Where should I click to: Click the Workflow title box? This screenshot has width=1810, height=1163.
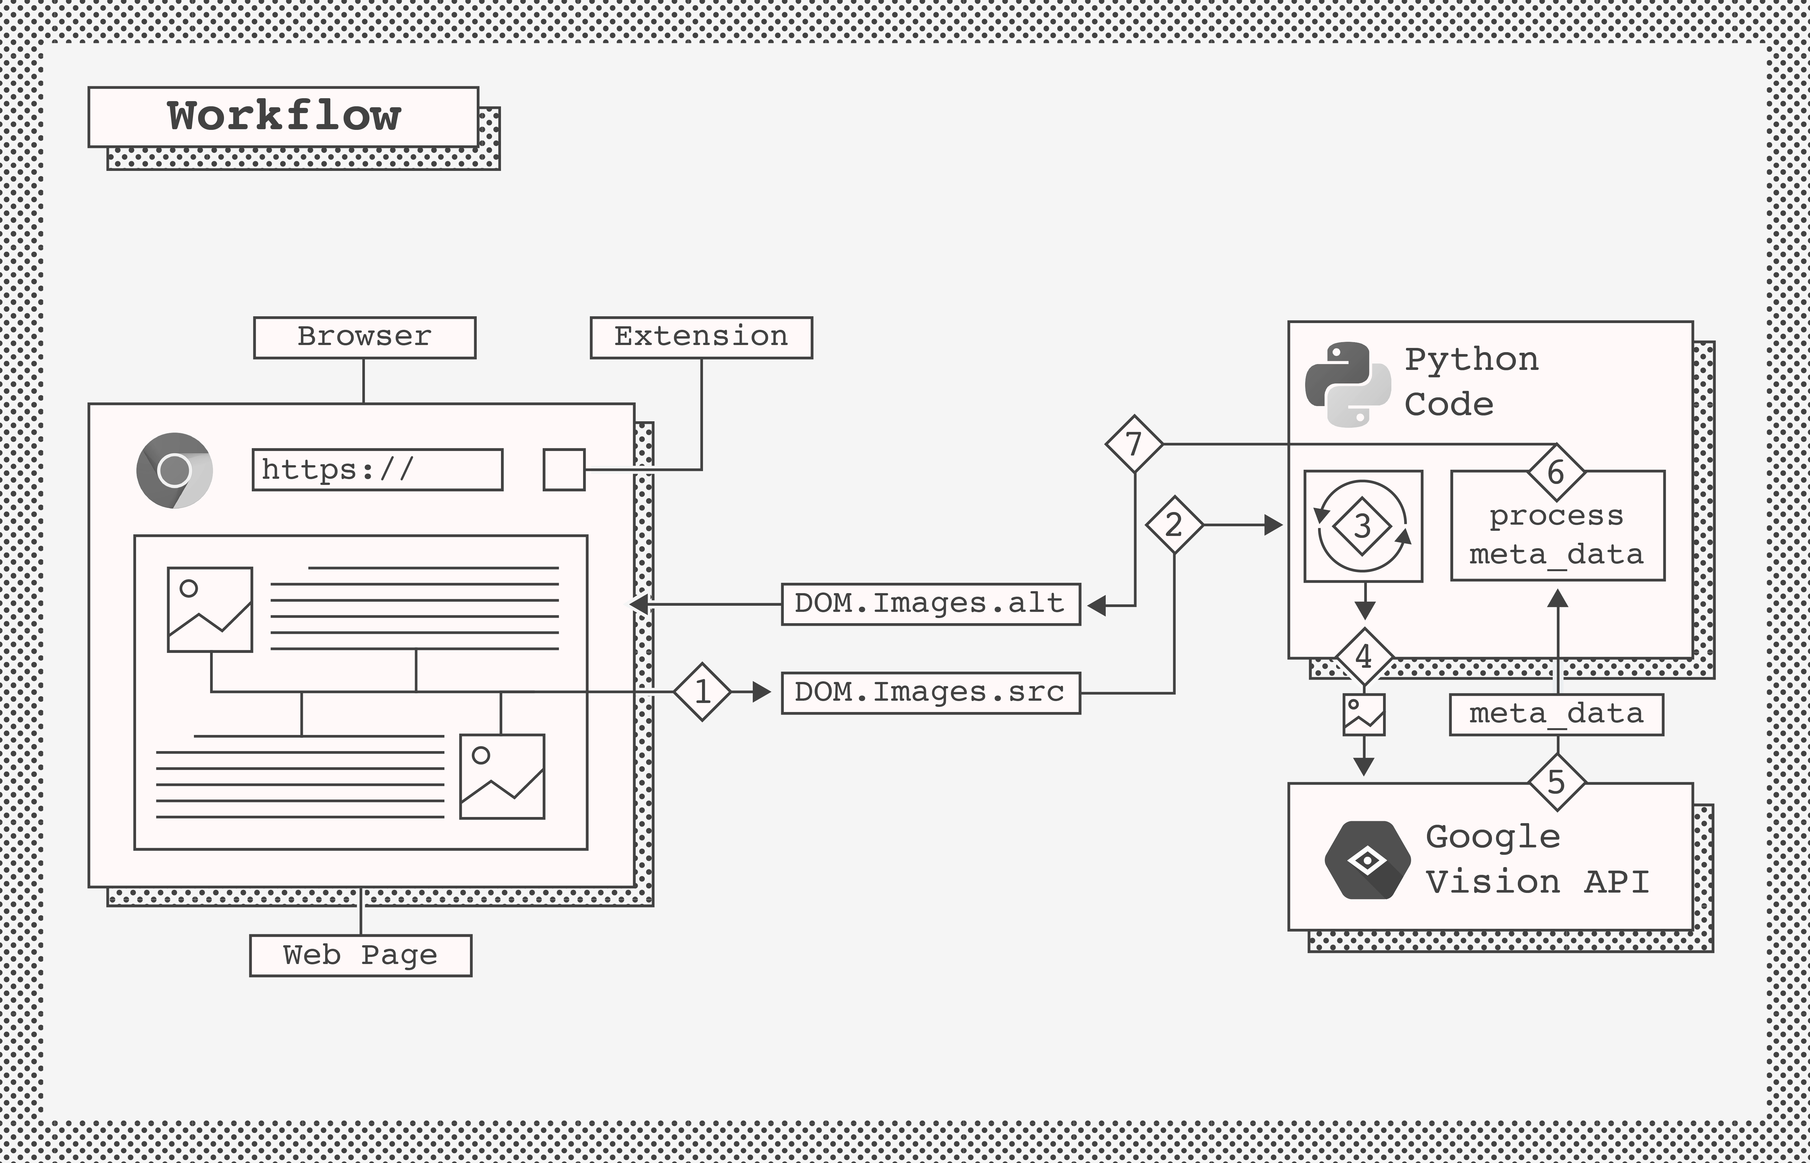(x=283, y=117)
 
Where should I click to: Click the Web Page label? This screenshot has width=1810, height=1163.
(x=360, y=955)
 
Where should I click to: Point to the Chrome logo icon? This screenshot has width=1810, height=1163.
(x=175, y=470)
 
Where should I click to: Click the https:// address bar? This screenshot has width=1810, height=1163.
(x=377, y=470)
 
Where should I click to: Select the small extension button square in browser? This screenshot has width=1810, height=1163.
(x=564, y=470)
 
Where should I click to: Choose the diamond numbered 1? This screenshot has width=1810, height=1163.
(x=702, y=692)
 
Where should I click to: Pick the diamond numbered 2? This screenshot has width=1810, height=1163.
(x=1174, y=524)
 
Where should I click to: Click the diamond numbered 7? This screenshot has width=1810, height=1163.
(x=1134, y=444)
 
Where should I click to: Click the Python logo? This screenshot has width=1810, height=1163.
(x=1348, y=384)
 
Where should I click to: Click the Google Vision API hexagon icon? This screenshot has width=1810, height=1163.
(x=1367, y=860)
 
